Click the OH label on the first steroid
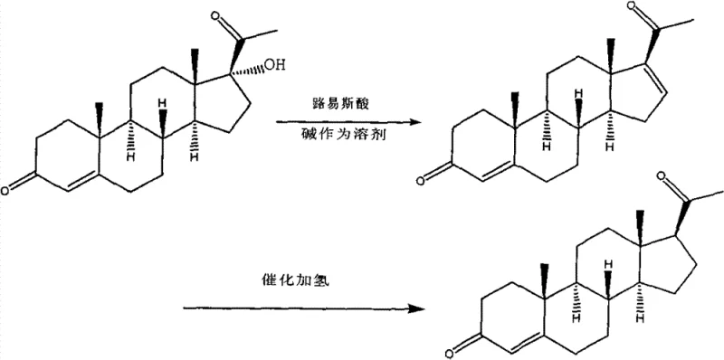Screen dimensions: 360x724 [274, 65]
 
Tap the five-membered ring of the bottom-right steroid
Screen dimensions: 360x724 [671, 267]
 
